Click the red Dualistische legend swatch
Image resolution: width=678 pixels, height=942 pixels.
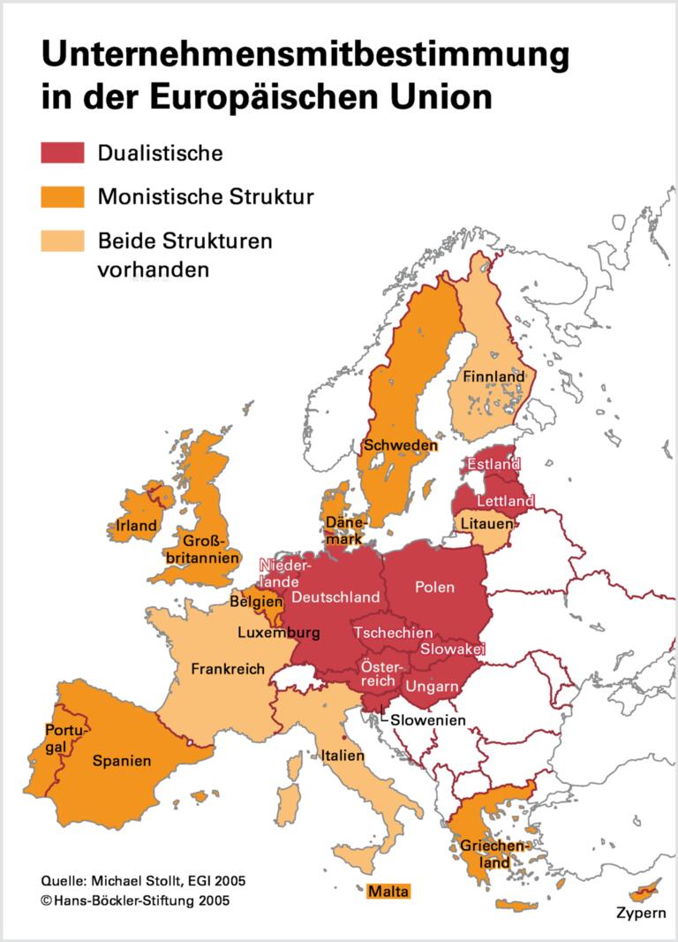click(x=62, y=152)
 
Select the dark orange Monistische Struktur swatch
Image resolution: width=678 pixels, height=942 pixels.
click(x=62, y=195)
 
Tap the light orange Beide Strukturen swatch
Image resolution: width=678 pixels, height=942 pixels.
click(x=62, y=240)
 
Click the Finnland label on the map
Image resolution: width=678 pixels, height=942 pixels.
click(x=493, y=376)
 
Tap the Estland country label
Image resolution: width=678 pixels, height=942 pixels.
click(x=493, y=463)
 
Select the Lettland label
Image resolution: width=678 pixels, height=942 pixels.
click(x=505, y=501)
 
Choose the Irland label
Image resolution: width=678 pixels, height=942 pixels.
click(x=136, y=526)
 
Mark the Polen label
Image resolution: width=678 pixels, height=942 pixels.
click(x=434, y=587)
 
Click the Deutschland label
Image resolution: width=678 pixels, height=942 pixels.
click(x=335, y=597)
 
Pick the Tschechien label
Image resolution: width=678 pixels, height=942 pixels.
click(x=393, y=633)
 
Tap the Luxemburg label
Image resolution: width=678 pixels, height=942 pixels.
click(x=278, y=634)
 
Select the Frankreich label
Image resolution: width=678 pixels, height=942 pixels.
click(x=228, y=669)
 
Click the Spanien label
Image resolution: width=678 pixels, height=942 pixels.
click(x=122, y=760)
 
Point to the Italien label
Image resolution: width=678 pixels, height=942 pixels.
click(x=343, y=756)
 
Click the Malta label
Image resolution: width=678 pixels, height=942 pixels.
click(x=389, y=892)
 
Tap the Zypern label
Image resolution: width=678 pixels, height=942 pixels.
click(x=642, y=912)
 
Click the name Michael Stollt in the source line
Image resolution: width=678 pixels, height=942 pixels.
click(x=139, y=882)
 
